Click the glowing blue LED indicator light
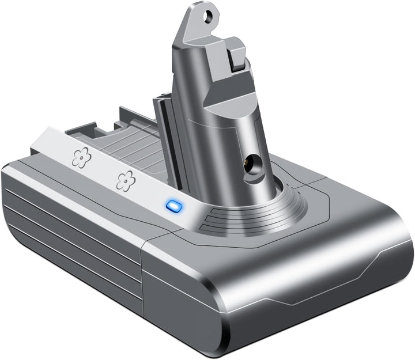[172, 205]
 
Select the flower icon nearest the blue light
[124, 180]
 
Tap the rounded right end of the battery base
[398, 253]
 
